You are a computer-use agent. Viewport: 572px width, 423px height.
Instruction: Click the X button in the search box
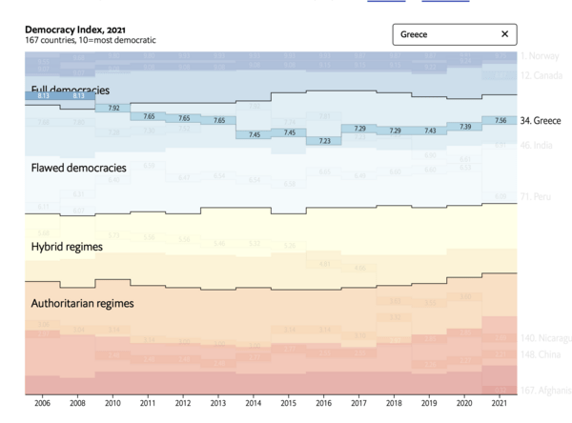504,34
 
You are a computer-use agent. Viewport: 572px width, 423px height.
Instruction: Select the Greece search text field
443,34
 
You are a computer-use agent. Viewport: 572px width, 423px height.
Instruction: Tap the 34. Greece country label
540,121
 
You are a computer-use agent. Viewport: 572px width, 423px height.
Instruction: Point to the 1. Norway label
540,56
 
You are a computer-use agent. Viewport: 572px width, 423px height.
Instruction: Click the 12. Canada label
540,74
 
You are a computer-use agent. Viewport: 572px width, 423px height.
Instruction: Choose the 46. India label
537,145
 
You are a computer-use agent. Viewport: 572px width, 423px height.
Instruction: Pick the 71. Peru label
537,196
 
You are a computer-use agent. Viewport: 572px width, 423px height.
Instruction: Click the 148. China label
540,355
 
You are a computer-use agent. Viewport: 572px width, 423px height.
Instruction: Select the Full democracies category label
70,90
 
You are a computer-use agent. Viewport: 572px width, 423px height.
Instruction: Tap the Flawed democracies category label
77,168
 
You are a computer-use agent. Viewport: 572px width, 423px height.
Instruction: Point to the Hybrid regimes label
66,246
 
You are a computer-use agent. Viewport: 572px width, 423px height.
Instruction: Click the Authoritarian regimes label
82,304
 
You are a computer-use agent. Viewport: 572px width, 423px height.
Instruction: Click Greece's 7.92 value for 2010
113,109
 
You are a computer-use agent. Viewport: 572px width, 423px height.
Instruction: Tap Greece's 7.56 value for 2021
500,121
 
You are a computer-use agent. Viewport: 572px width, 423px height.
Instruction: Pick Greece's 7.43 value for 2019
430,131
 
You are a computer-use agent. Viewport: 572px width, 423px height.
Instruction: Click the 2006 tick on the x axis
43,404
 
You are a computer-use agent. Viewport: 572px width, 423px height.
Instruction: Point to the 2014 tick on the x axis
255,404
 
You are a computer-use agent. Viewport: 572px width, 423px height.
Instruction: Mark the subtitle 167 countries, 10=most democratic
91,40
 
